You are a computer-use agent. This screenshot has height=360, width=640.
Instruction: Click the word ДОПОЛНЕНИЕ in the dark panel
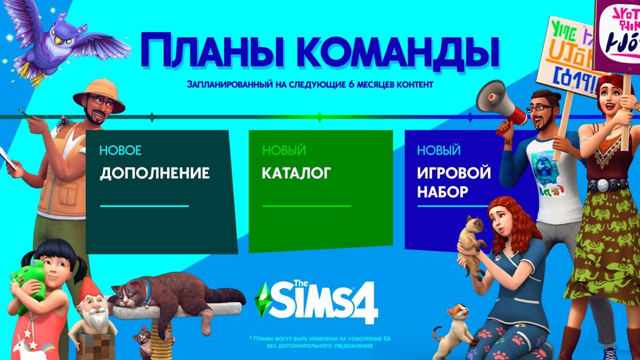(x=155, y=174)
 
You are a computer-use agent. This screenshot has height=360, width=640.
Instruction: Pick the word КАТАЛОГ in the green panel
(x=297, y=173)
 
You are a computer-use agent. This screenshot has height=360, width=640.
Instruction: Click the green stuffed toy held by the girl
(x=29, y=283)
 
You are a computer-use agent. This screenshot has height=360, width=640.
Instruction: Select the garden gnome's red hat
(x=87, y=291)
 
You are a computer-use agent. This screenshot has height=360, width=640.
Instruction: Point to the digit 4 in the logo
(x=365, y=304)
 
